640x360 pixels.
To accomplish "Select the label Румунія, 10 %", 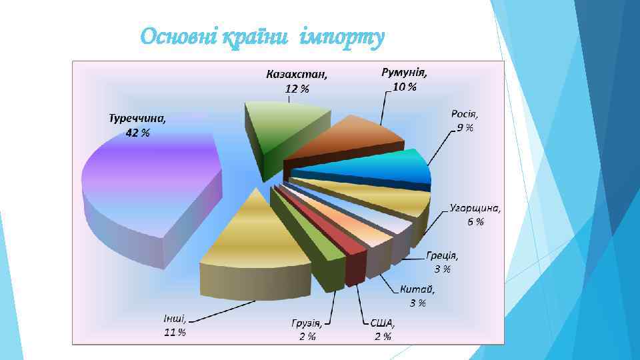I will [x=404, y=79].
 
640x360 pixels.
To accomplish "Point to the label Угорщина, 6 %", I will [x=475, y=214].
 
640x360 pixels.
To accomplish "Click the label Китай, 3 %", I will [x=417, y=296].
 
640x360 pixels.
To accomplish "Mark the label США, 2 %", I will [x=383, y=329].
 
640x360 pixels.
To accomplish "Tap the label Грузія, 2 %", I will [x=307, y=329].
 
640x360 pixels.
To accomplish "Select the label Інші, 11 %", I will [x=175, y=325].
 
